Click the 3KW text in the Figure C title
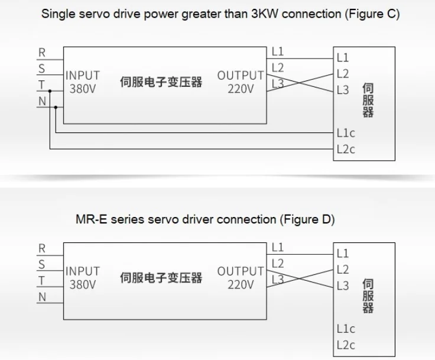pos(264,14)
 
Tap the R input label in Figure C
pos(42,53)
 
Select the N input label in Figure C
pos(42,101)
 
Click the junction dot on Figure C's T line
pos(50,91)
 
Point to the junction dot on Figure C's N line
pos(56,107)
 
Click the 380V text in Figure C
pos(83,89)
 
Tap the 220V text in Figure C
pos(241,89)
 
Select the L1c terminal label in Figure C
pos(346,133)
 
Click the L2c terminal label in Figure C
pos(346,150)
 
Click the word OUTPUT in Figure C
pos(240,76)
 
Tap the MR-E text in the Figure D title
pos(91,219)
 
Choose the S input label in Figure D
pos(41,264)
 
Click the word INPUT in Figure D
pos(82,271)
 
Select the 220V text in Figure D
pos(241,284)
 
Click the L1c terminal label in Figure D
pos(346,329)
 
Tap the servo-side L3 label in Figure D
pos(343,286)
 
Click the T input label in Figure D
pos(41,281)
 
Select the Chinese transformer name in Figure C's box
pos(161,82)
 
